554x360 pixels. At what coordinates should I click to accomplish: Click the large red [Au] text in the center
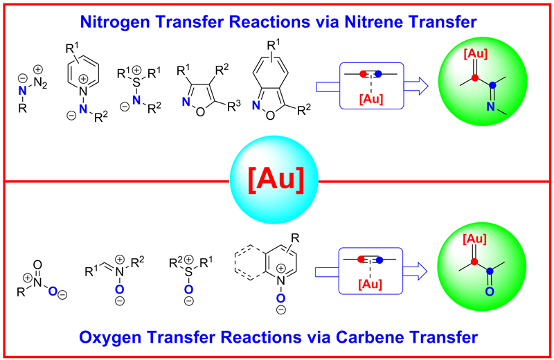[277, 182]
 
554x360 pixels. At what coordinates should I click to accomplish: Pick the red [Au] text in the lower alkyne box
[368, 283]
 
